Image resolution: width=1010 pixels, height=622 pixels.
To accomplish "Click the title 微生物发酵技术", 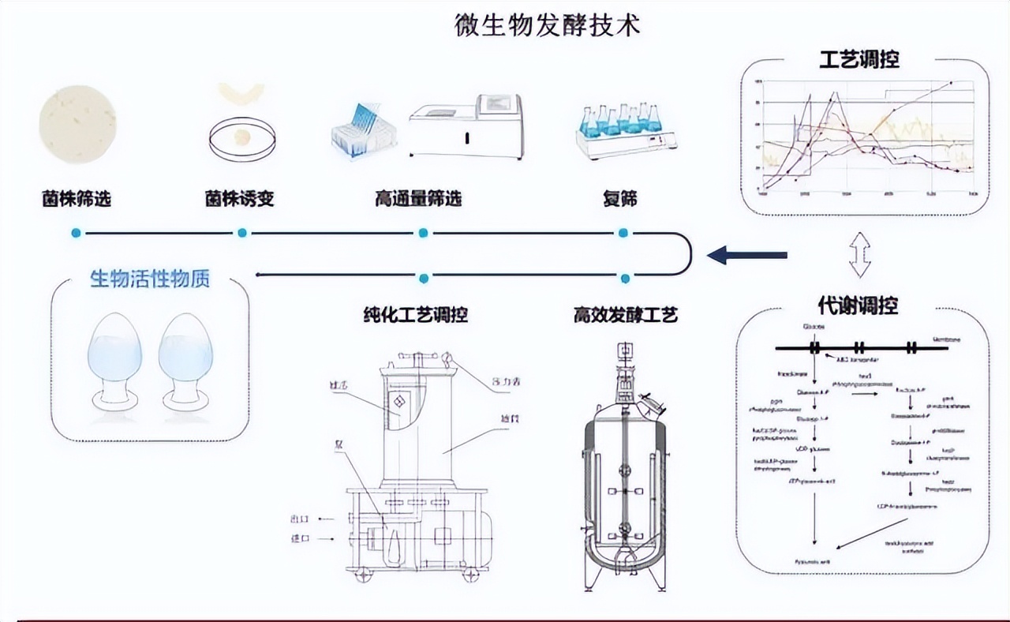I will [548, 25].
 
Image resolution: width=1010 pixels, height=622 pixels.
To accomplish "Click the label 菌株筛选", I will [77, 199].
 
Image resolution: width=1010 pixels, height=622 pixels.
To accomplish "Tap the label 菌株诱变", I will [239, 199].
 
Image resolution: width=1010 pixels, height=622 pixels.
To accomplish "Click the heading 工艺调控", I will [859, 59].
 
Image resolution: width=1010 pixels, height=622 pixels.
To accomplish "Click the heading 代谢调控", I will [858, 305].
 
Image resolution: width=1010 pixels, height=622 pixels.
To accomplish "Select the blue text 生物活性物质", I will [150, 279].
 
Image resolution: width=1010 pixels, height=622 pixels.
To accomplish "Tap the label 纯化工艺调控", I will [410, 316].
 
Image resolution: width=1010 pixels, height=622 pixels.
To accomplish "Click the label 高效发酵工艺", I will [625, 316].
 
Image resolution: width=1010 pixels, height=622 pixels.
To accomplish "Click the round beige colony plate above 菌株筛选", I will [77, 125].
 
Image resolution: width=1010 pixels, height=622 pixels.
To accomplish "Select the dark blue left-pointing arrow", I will [747, 255].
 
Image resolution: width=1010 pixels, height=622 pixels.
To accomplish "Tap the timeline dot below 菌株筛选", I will [76, 233].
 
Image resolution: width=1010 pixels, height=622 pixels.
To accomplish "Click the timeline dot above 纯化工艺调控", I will [424, 278].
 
